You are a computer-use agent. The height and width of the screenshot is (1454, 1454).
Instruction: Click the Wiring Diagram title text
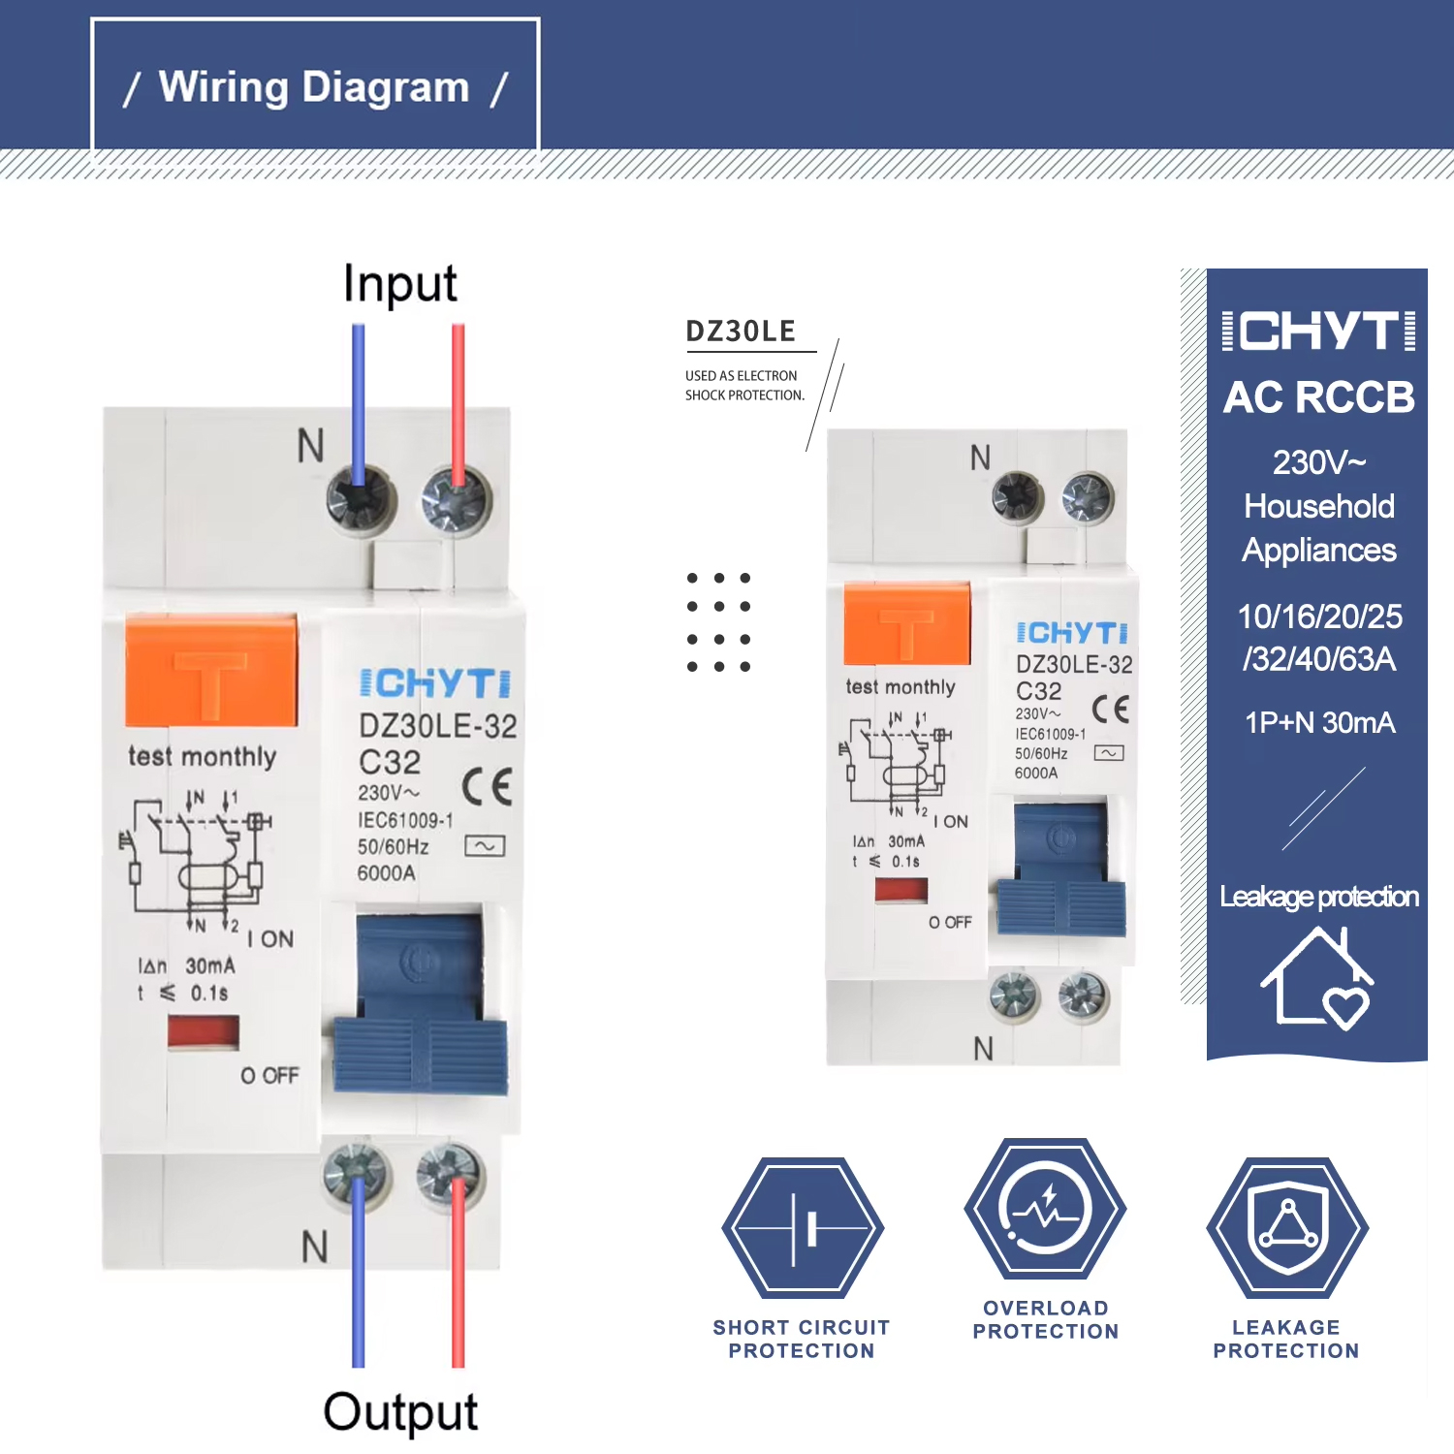pyautogui.click(x=314, y=87)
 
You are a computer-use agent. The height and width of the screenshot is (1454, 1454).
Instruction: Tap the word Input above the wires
pyautogui.click(x=399, y=284)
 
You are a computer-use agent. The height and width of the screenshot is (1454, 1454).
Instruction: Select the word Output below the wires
pyautogui.click(x=399, y=1411)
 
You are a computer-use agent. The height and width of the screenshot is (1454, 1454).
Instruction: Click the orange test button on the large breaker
pyautogui.click(x=211, y=670)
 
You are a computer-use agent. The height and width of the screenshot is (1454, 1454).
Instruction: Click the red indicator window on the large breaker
pyautogui.click(x=203, y=1031)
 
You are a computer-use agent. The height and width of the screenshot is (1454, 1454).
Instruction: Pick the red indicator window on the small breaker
pyautogui.click(x=901, y=890)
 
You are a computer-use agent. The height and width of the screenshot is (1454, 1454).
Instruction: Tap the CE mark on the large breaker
pyautogui.click(x=487, y=786)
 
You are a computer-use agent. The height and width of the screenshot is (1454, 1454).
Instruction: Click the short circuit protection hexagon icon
pyautogui.click(x=802, y=1228)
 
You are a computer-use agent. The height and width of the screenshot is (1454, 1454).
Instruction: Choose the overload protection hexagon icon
pyautogui.click(x=1045, y=1209)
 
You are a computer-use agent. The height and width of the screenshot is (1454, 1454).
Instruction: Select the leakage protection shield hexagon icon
pyautogui.click(x=1286, y=1228)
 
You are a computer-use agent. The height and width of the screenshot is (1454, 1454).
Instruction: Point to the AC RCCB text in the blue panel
pyautogui.click(x=1318, y=397)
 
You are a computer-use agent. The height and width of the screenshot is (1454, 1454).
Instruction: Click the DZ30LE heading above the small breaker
pyautogui.click(x=741, y=332)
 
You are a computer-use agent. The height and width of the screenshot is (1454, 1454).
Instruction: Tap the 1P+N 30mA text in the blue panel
pyautogui.click(x=1319, y=723)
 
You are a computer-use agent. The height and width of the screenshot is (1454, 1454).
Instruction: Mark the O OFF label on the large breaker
pyautogui.click(x=269, y=1076)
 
